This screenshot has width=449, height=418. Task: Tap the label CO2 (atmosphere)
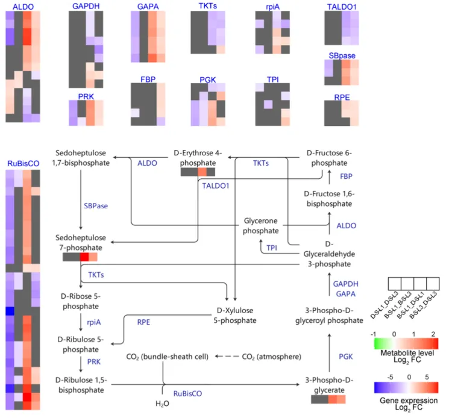pos(271,357)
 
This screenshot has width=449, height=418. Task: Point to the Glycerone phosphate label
pos(261,226)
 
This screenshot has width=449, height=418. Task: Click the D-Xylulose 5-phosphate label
pos(235,315)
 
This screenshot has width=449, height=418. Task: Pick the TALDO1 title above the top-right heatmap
pos(341,6)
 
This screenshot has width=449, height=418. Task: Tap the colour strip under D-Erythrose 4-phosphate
pos(198,172)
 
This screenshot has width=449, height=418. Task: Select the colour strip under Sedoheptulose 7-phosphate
pos(80,257)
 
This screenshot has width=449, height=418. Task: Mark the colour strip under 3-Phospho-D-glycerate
pos(328,399)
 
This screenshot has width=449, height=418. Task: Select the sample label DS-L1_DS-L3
pos(382,305)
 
